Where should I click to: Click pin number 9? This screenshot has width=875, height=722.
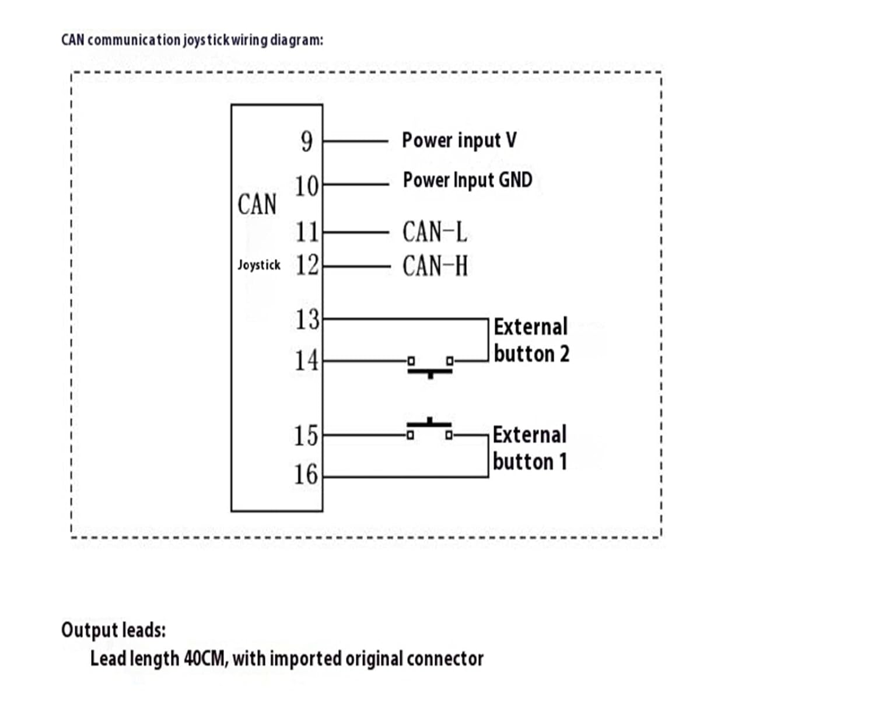(x=307, y=141)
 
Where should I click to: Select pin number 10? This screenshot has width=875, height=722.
(x=307, y=186)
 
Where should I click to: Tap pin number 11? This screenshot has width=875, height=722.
(x=307, y=232)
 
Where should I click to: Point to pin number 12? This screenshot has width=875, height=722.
(x=307, y=265)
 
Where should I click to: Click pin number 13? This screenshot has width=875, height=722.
(x=307, y=320)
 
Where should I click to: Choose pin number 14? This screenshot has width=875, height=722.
(x=307, y=360)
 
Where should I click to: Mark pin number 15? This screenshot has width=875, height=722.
(x=306, y=436)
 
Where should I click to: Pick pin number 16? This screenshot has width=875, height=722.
(x=306, y=475)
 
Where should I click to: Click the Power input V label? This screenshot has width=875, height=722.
(x=459, y=141)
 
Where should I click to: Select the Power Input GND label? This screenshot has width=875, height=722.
(x=468, y=180)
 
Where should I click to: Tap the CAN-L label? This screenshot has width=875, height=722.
(x=435, y=232)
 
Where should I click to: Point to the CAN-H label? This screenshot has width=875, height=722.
(x=435, y=266)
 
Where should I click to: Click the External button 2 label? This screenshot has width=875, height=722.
(x=531, y=340)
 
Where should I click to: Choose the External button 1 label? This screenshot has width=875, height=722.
(x=530, y=448)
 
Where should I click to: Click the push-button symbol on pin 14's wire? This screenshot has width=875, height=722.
(x=430, y=367)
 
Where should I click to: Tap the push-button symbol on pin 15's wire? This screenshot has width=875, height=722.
(x=429, y=428)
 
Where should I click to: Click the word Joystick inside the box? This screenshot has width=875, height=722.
(x=259, y=265)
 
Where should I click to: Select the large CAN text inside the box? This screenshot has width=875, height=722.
(x=257, y=205)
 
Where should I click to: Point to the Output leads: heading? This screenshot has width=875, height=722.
(x=114, y=630)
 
